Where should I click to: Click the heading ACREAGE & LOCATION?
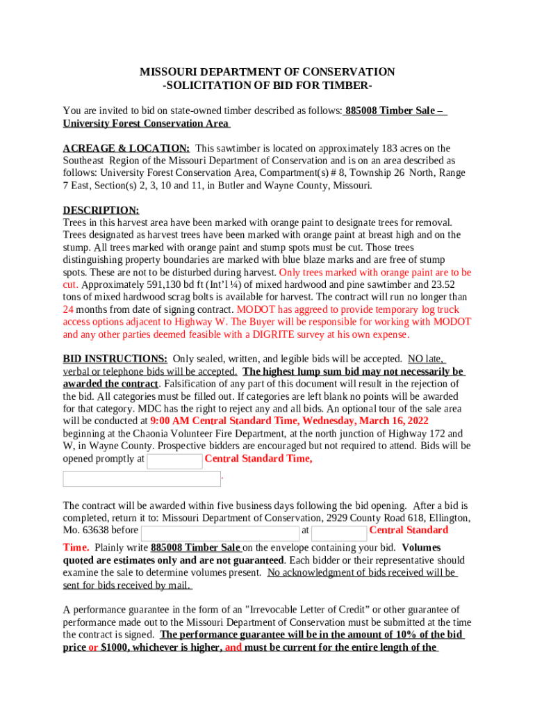click(x=126, y=148)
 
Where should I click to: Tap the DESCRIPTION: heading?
click(x=101, y=210)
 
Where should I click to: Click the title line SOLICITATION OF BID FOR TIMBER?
click(x=267, y=85)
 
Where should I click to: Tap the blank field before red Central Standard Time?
click(x=174, y=460)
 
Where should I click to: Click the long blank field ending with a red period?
click(x=141, y=479)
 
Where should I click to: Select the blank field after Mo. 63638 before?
click(x=220, y=533)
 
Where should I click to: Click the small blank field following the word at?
click(x=339, y=533)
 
